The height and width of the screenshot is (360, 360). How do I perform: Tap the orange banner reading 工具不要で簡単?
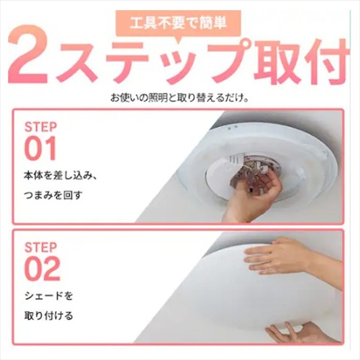[x=178, y=24]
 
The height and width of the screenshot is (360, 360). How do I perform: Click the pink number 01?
[x=40, y=148]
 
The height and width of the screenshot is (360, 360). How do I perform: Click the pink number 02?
[x=42, y=269]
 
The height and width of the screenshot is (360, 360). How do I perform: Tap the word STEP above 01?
[x=41, y=127]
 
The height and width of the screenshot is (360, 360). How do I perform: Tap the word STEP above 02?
[x=41, y=247]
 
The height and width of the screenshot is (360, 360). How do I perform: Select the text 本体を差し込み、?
[x=61, y=176]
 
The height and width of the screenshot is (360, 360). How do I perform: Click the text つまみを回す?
[x=53, y=196]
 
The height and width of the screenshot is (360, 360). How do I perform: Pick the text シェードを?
[x=49, y=296]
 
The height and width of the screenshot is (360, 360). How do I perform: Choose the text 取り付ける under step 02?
[x=49, y=316]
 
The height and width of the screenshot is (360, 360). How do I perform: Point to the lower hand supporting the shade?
[x=298, y=333]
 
